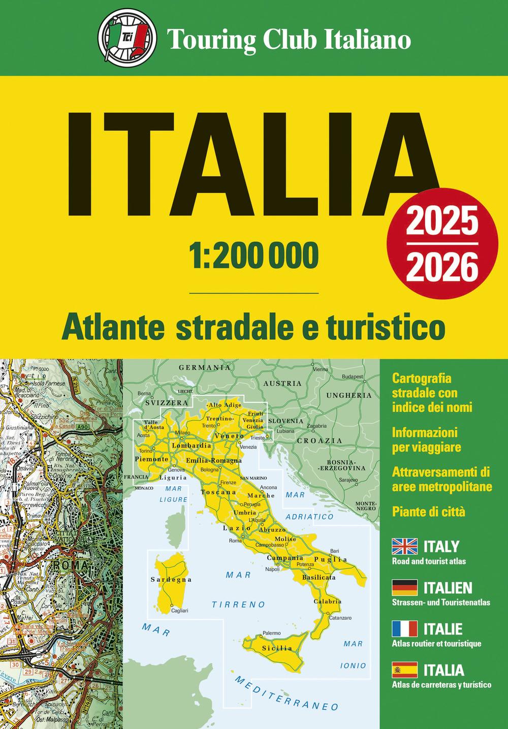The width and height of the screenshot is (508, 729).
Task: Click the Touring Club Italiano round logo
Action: tap(124, 39)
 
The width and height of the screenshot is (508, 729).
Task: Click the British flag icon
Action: tap(404, 547)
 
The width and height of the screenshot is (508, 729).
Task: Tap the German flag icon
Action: tap(404, 588)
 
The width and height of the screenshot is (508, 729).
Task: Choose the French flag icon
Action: tap(404, 629)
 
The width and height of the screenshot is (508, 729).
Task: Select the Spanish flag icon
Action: tap(404, 670)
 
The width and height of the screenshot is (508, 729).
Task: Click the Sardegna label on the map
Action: tap(171, 579)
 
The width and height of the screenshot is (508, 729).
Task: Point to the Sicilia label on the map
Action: tap(277, 648)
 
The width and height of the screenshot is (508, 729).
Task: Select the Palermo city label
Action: tap(271, 633)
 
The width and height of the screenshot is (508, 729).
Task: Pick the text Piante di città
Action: tap(428, 512)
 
